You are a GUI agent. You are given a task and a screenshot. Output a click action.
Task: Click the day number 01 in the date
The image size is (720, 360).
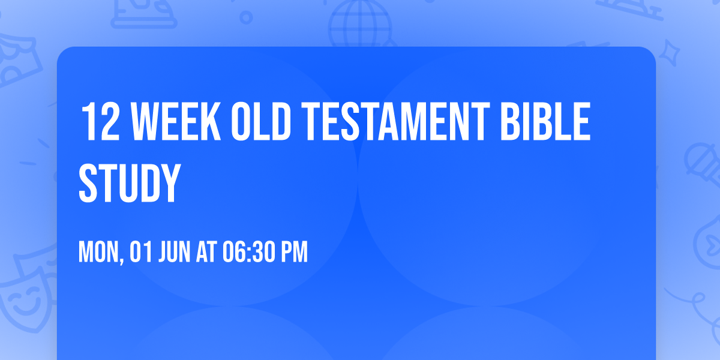pos(140,253)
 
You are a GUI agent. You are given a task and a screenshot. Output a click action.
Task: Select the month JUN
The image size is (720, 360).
pos(174,253)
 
